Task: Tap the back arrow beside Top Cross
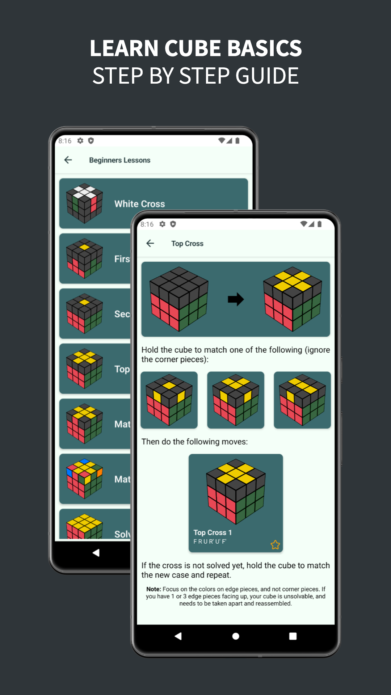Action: pos(150,244)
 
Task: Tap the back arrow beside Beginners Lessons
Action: pos(68,160)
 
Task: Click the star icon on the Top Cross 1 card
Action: pos(275,545)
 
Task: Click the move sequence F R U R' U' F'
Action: pos(210,542)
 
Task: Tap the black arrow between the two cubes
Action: pos(236,299)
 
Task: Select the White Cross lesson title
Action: pos(140,204)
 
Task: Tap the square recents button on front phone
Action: pos(293,636)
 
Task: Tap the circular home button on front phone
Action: pos(236,636)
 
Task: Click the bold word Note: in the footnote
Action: pos(154,589)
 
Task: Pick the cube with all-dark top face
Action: pos(179,299)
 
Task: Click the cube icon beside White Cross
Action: pos(84,203)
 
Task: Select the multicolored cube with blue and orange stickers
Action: pos(84,479)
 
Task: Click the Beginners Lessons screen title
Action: pos(119,160)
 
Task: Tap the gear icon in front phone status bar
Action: pos(162,224)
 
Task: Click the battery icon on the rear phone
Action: pos(237,141)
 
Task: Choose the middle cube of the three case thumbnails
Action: pos(236,400)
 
